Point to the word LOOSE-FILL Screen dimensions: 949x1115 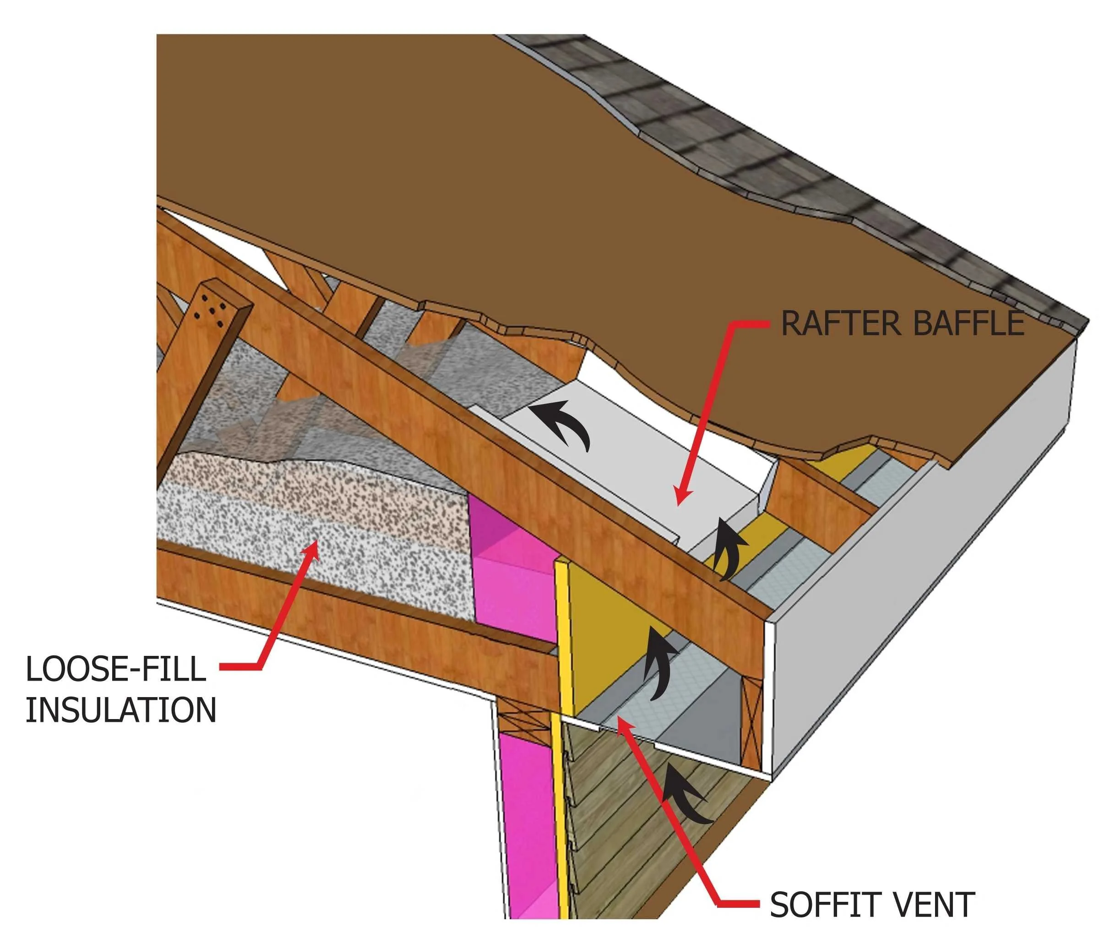coord(116,669)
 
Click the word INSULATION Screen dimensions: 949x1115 coord(121,710)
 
